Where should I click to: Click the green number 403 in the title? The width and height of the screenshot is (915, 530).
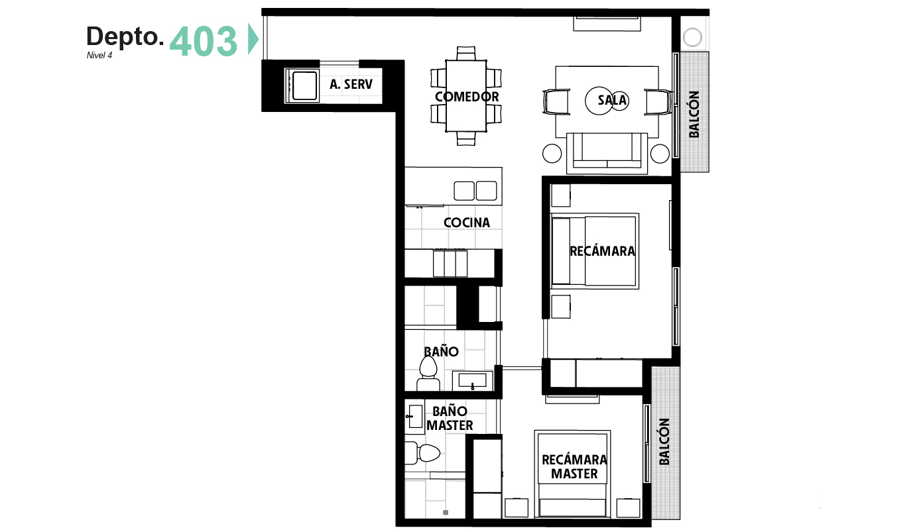click(x=203, y=41)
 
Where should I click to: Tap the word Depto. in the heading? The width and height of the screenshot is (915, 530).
click(x=125, y=37)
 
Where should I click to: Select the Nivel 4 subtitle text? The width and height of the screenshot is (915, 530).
click(x=99, y=56)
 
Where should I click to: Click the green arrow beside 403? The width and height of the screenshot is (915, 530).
click(x=253, y=39)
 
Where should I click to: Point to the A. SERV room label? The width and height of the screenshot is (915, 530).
click(x=351, y=84)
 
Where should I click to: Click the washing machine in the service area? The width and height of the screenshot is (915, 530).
click(x=302, y=85)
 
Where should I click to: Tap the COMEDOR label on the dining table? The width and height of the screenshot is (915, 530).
click(x=467, y=97)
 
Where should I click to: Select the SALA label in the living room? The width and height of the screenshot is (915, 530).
click(x=612, y=100)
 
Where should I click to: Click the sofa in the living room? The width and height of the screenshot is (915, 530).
click(x=607, y=153)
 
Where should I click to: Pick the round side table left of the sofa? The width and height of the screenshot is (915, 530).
click(x=552, y=154)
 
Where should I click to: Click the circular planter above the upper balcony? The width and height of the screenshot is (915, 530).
click(x=692, y=38)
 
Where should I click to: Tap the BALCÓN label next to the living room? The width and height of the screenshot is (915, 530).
click(x=694, y=114)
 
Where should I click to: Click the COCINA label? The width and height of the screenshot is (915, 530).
click(x=467, y=223)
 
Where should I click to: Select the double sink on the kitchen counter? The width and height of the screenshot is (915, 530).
click(x=475, y=191)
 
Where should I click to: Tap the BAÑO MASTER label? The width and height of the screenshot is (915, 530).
click(x=450, y=418)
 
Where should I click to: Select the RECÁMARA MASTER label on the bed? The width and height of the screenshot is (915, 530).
click(x=574, y=467)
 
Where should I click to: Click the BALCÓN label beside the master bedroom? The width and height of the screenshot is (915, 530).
click(x=664, y=441)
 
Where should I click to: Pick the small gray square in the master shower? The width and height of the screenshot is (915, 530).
click(x=446, y=513)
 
